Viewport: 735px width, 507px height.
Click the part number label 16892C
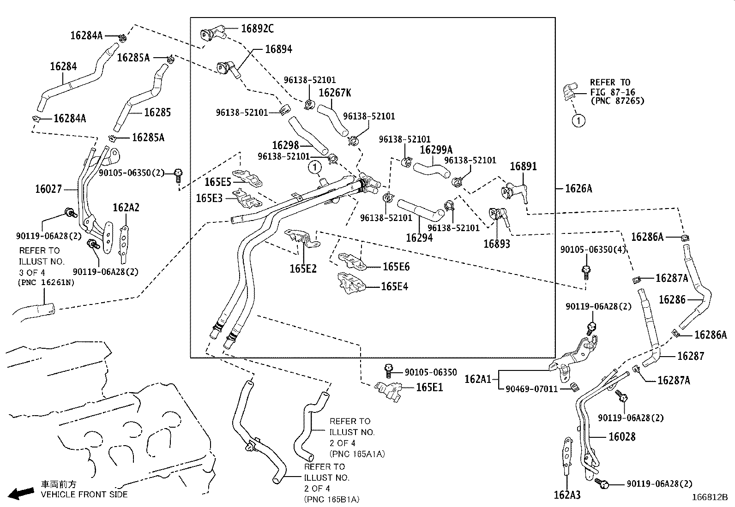pyautogui.click(x=258, y=29)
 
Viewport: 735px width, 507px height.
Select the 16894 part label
pyautogui.click(x=278, y=49)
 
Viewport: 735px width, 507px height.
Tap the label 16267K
pyautogui.click(x=335, y=93)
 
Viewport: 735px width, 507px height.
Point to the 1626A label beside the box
pyautogui.click(x=578, y=188)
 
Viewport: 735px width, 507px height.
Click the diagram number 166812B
pyautogui.click(x=709, y=497)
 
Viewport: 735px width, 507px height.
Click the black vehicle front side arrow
pyautogui.click(x=21, y=493)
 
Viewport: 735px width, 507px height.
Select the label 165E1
pyautogui.click(x=429, y=387)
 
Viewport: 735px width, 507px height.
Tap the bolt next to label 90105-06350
pyautogui.click(x=389, y=370)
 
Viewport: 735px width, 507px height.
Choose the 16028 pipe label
pyautogui.click(x=622, y=436)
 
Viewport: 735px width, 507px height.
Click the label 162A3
pyautogui.click(x=567, y=495)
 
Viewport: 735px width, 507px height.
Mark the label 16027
pyautogui.click(x=48, y=189)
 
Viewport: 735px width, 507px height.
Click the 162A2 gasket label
pyautogui.click(x=126, y=208)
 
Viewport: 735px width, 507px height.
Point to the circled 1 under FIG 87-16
pyautogui.click(x=578, y=121)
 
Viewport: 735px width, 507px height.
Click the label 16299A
pyautogui.click(x=436, y=150)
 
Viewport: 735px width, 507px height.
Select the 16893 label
pyautogui.click(x=497, y=243)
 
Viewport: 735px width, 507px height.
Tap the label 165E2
pyautogui.click(x=303, y=268)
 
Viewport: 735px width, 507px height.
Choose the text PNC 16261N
pyautogui.click(x=46, y=282)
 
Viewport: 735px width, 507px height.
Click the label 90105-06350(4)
pyautogui.click(x=593, y=250)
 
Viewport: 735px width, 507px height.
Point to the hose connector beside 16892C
pyautogui.click(x=211, y=34)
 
